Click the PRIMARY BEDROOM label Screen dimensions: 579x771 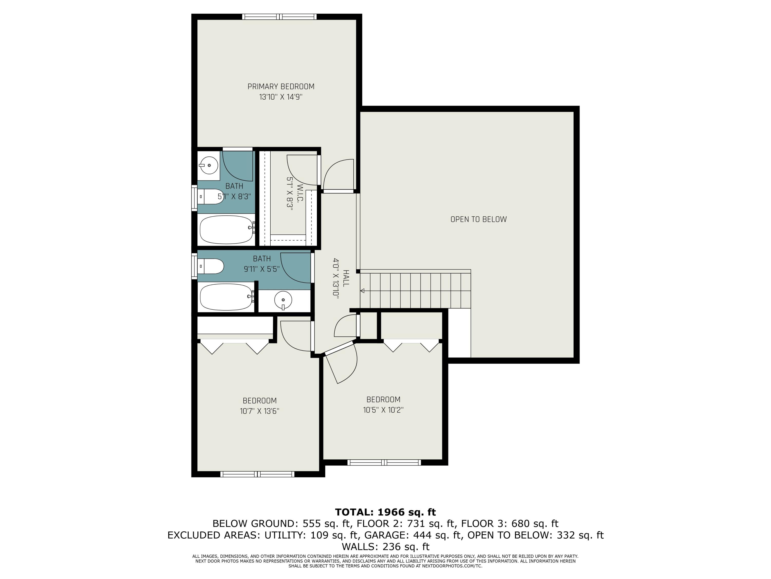(281, 86)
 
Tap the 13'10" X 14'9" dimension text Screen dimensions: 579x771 (281, 97)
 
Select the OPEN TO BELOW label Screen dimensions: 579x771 (478, 219)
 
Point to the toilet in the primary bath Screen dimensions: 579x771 (210, 197)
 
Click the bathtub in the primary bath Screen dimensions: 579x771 (227, 230)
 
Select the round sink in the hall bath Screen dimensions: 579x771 (283, 300)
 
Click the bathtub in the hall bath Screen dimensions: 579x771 (227, 297)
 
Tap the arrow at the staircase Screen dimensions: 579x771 (362, 291)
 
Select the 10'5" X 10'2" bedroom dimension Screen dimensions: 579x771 (383, 410)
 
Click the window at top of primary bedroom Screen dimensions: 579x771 (280, 16)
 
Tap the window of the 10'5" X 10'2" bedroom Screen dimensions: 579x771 (384, 462)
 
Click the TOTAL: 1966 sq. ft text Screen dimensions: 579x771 (385, 512)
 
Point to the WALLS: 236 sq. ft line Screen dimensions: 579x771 (385, 547)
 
